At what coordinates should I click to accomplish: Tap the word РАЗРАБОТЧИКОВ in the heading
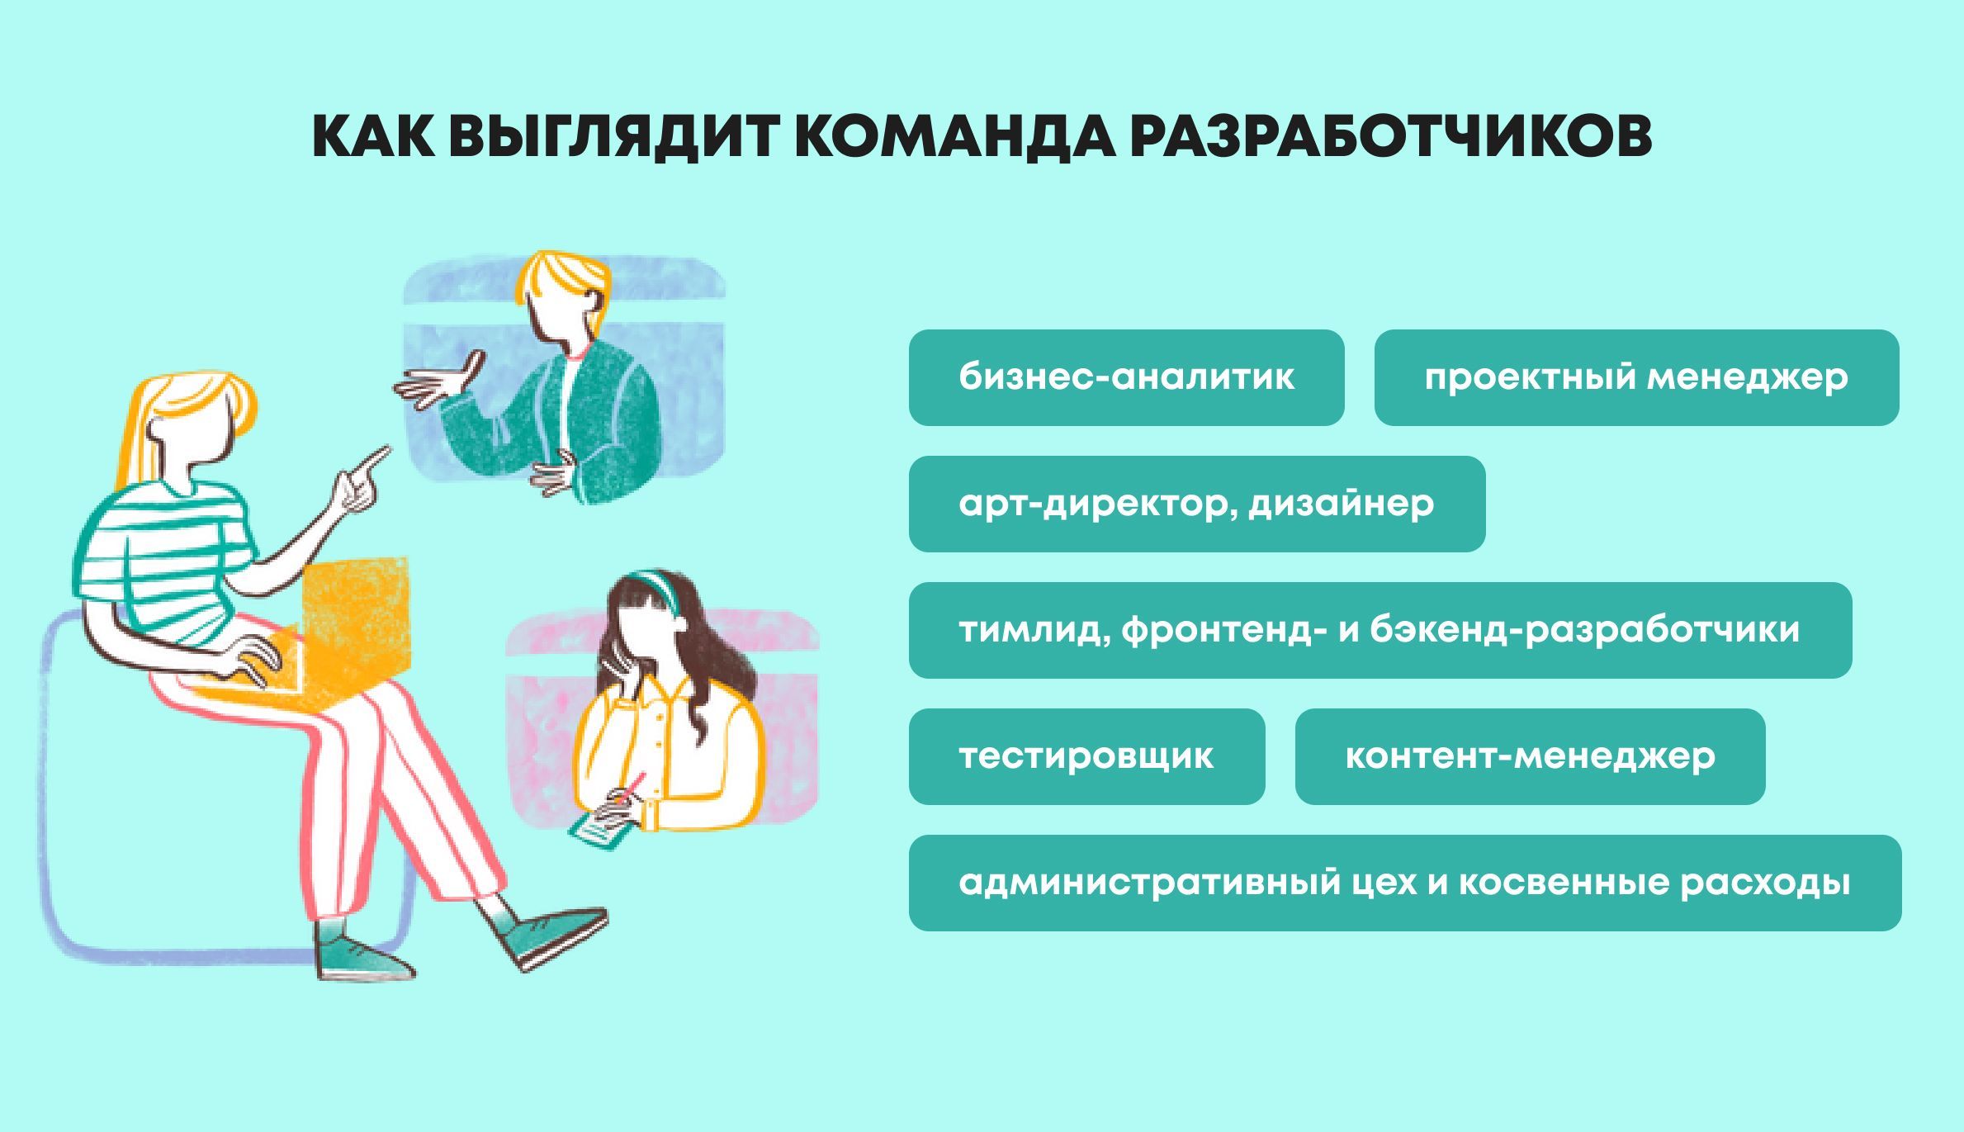pyautogui.click(x=1390, y=135)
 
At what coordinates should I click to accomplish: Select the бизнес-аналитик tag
pyautogui.click(x=1126, y=377)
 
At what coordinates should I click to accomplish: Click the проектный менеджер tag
pyautogui.click(x=1636, y=377)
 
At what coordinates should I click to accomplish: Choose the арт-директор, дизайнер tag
pyautogui.click(x=1196, y=504)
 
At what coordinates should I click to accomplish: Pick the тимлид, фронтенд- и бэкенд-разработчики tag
pyautogui.click(x=1380, y=630)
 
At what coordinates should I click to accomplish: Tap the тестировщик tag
pyautogui.click(x=1086, y=756)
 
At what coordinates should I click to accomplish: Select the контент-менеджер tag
pyautogui.click(x=1530, y=756)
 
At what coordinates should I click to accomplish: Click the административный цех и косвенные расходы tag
pyautogui.click(x=1405, y=883)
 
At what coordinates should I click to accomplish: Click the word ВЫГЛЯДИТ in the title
pyautogui.click(x=613, y=135)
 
